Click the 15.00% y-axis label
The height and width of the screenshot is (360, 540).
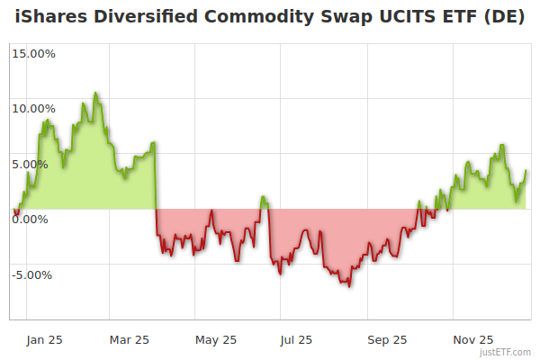(x=33, y=53)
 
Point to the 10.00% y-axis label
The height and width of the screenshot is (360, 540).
(x=33, y=109)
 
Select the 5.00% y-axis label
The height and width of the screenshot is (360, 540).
(x=36, y=165)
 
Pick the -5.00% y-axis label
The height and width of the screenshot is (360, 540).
(x=34, y=275)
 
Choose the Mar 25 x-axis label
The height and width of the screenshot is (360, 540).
(x=129, y=339)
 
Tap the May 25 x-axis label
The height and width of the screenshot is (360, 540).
(x=216, y=339)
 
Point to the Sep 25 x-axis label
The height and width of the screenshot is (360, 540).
(x=387, y=339)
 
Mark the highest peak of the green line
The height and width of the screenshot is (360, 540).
(x=95, y=93)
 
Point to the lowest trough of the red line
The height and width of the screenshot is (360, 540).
(x=347, y=286)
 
